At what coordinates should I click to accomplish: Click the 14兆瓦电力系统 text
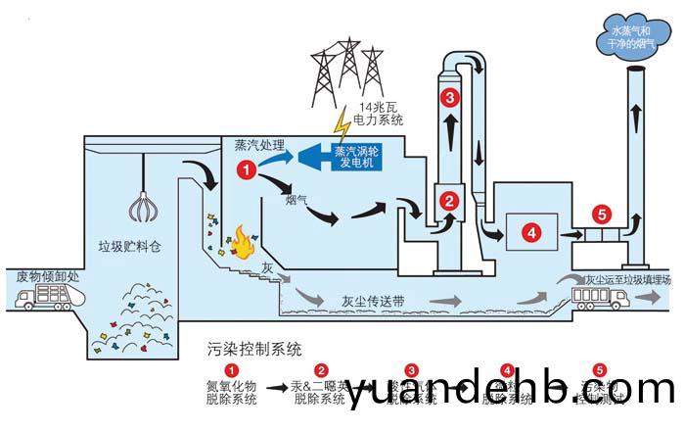click(381, 113)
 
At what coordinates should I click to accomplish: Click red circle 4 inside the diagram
click(529, 233)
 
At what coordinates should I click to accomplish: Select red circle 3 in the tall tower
click(449, 97)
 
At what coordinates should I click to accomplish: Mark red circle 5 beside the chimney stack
click(602, 213)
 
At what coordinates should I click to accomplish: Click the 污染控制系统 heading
click(255, 348)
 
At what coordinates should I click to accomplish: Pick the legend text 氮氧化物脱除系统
click(232, 390)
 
